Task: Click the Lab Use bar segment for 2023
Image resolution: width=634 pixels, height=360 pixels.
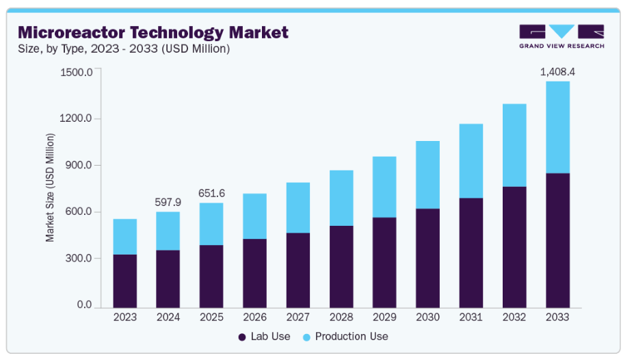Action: coord(125,281)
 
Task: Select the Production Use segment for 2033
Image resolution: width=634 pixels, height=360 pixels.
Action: coord(557,127)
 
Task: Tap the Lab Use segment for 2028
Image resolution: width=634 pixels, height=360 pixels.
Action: coord(341,266)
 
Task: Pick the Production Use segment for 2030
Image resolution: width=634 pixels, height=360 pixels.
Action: coord(427,175)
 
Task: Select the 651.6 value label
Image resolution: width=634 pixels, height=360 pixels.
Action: coord(211,193)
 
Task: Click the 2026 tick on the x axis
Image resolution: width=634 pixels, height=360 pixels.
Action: coord(254,318)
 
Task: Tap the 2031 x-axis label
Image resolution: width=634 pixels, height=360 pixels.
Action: coord(471,318)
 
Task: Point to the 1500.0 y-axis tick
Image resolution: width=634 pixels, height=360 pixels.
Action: coord(76,72)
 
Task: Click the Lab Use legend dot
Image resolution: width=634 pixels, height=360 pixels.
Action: coord(242,337)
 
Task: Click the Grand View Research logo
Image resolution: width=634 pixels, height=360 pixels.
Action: coord(561,36)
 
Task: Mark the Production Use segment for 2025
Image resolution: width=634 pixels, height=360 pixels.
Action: coord(211,224)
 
